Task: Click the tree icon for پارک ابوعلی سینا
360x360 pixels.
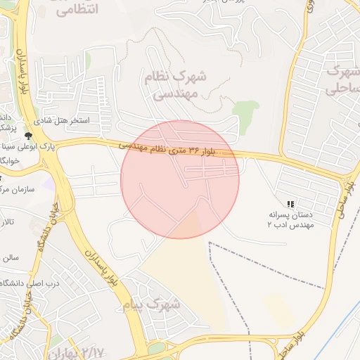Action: (x=29, y=135)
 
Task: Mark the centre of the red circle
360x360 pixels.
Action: (x=180, y=179)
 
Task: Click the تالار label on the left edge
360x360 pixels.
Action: (x=7, y=223)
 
